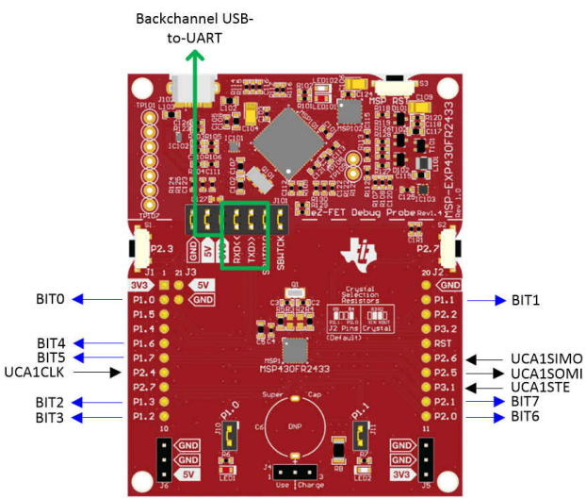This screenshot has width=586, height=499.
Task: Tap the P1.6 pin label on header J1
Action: (144, 343)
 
